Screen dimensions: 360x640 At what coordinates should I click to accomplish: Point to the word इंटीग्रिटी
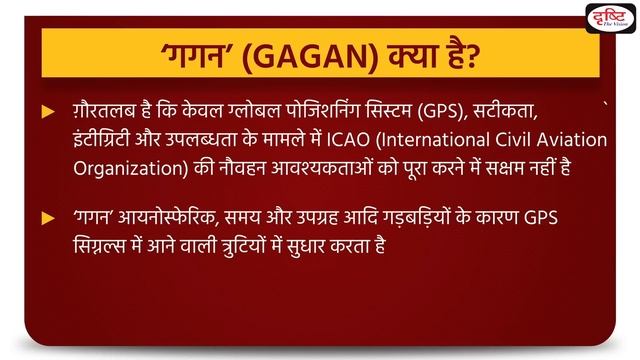tap(107, 143)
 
